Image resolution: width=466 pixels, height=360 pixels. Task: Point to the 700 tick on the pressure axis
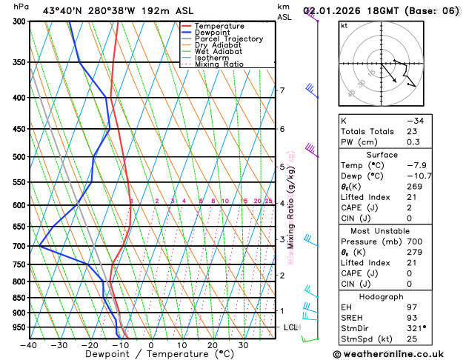click(19, 246)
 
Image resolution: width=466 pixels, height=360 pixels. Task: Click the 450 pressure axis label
click(19, 129)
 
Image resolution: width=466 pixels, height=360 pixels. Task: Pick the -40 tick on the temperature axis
click(29, 345)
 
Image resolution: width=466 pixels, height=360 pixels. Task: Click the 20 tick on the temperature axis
click(212, 345)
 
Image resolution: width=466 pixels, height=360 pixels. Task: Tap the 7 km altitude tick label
click(282, 91)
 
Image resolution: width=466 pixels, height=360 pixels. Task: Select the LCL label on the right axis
click(290, 327)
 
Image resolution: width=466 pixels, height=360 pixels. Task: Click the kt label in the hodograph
click(344, 25)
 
